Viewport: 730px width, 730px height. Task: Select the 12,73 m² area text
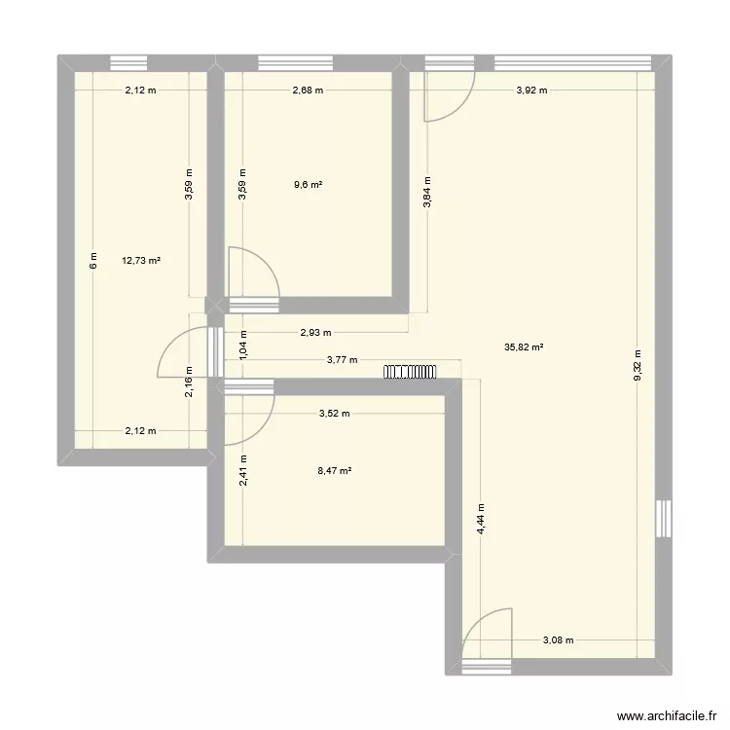141,260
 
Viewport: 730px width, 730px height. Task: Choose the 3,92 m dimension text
531,91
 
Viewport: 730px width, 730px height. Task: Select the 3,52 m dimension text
334,413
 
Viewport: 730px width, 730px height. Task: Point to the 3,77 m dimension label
342,360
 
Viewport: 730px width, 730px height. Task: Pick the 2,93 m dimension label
314,332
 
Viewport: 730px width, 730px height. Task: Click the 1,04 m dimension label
243,345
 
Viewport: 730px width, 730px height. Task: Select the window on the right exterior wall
664,518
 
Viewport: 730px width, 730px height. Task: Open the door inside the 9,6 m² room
251,274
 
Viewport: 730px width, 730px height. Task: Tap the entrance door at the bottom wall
485,639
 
